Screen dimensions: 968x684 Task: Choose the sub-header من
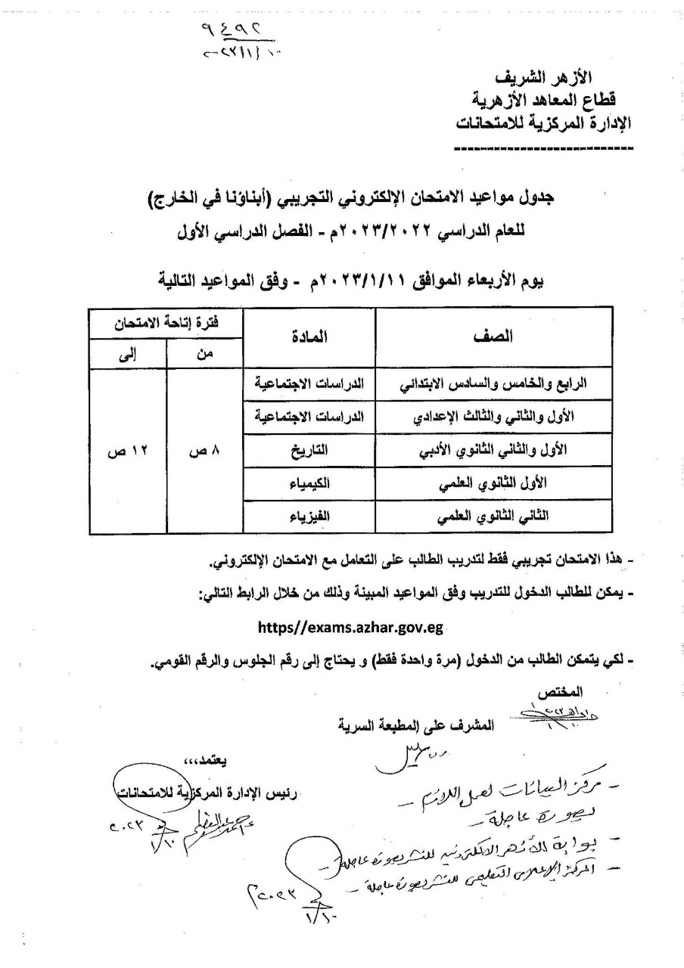(x=204, y=353)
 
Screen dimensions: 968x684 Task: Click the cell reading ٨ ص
(x=204, y=451)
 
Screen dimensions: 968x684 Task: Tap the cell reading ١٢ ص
(x=126, y=451)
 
